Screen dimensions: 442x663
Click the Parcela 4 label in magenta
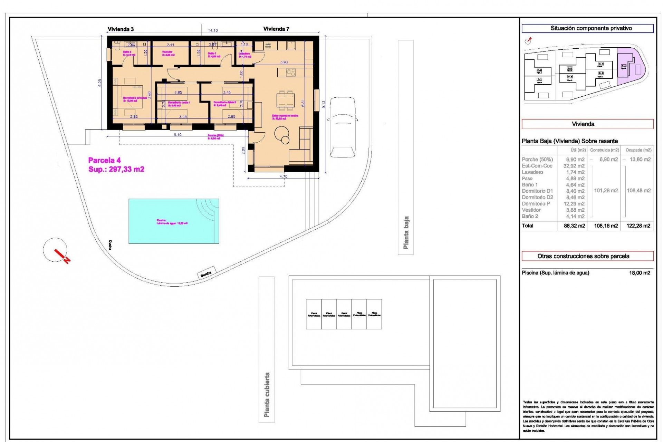[104, 160]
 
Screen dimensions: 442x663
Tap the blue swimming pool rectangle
[174, 221]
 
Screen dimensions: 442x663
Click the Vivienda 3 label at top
[121, 29]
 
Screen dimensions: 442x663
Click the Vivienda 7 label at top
[276, 29]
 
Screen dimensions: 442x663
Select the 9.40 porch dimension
[177, 135]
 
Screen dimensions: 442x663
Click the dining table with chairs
[286, 99]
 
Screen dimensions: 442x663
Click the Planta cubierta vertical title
[267, 394]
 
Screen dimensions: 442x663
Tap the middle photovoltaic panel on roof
[344, 314]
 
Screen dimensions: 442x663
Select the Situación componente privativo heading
[587, 28]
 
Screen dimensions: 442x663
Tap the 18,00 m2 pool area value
[640, 273]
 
